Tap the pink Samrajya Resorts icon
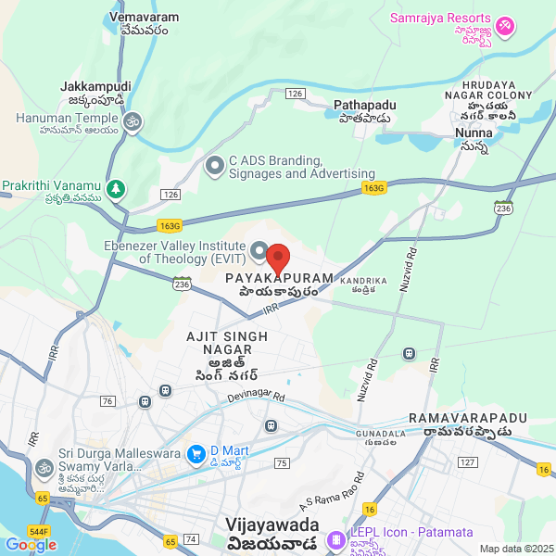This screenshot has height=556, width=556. click(505, 26)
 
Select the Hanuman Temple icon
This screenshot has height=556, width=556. click(133, 120)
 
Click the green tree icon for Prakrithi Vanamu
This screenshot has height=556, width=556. click(115, 189)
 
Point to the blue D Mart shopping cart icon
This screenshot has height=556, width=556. click(196, 453)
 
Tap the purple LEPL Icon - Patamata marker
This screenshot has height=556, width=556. click(335, 535)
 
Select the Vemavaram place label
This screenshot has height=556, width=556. click(143, 22)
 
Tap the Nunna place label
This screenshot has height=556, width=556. click(474, 139)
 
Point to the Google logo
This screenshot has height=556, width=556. click(31, 544)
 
